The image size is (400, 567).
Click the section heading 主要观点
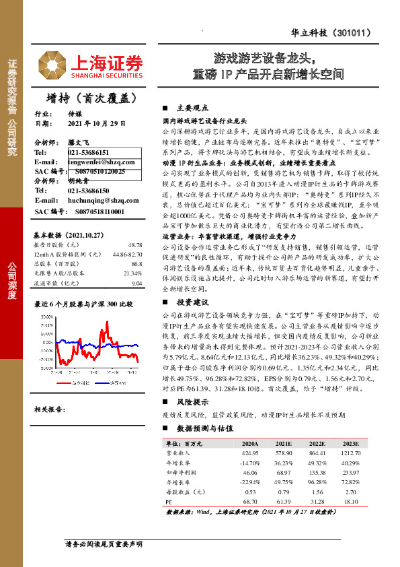pyautogui.click(x=192, y=108)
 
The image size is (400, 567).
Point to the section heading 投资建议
pyautogui.click(x=192, y=283)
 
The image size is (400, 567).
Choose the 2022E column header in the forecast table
pyautogui.click(x=319, y=444)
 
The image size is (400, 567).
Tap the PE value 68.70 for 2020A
pyautogui.click(x=250, y=502)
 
